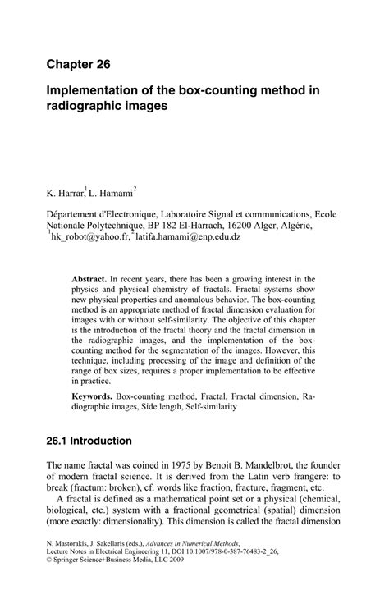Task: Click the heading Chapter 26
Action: pos(78,63)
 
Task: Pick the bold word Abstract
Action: pos(90,279)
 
